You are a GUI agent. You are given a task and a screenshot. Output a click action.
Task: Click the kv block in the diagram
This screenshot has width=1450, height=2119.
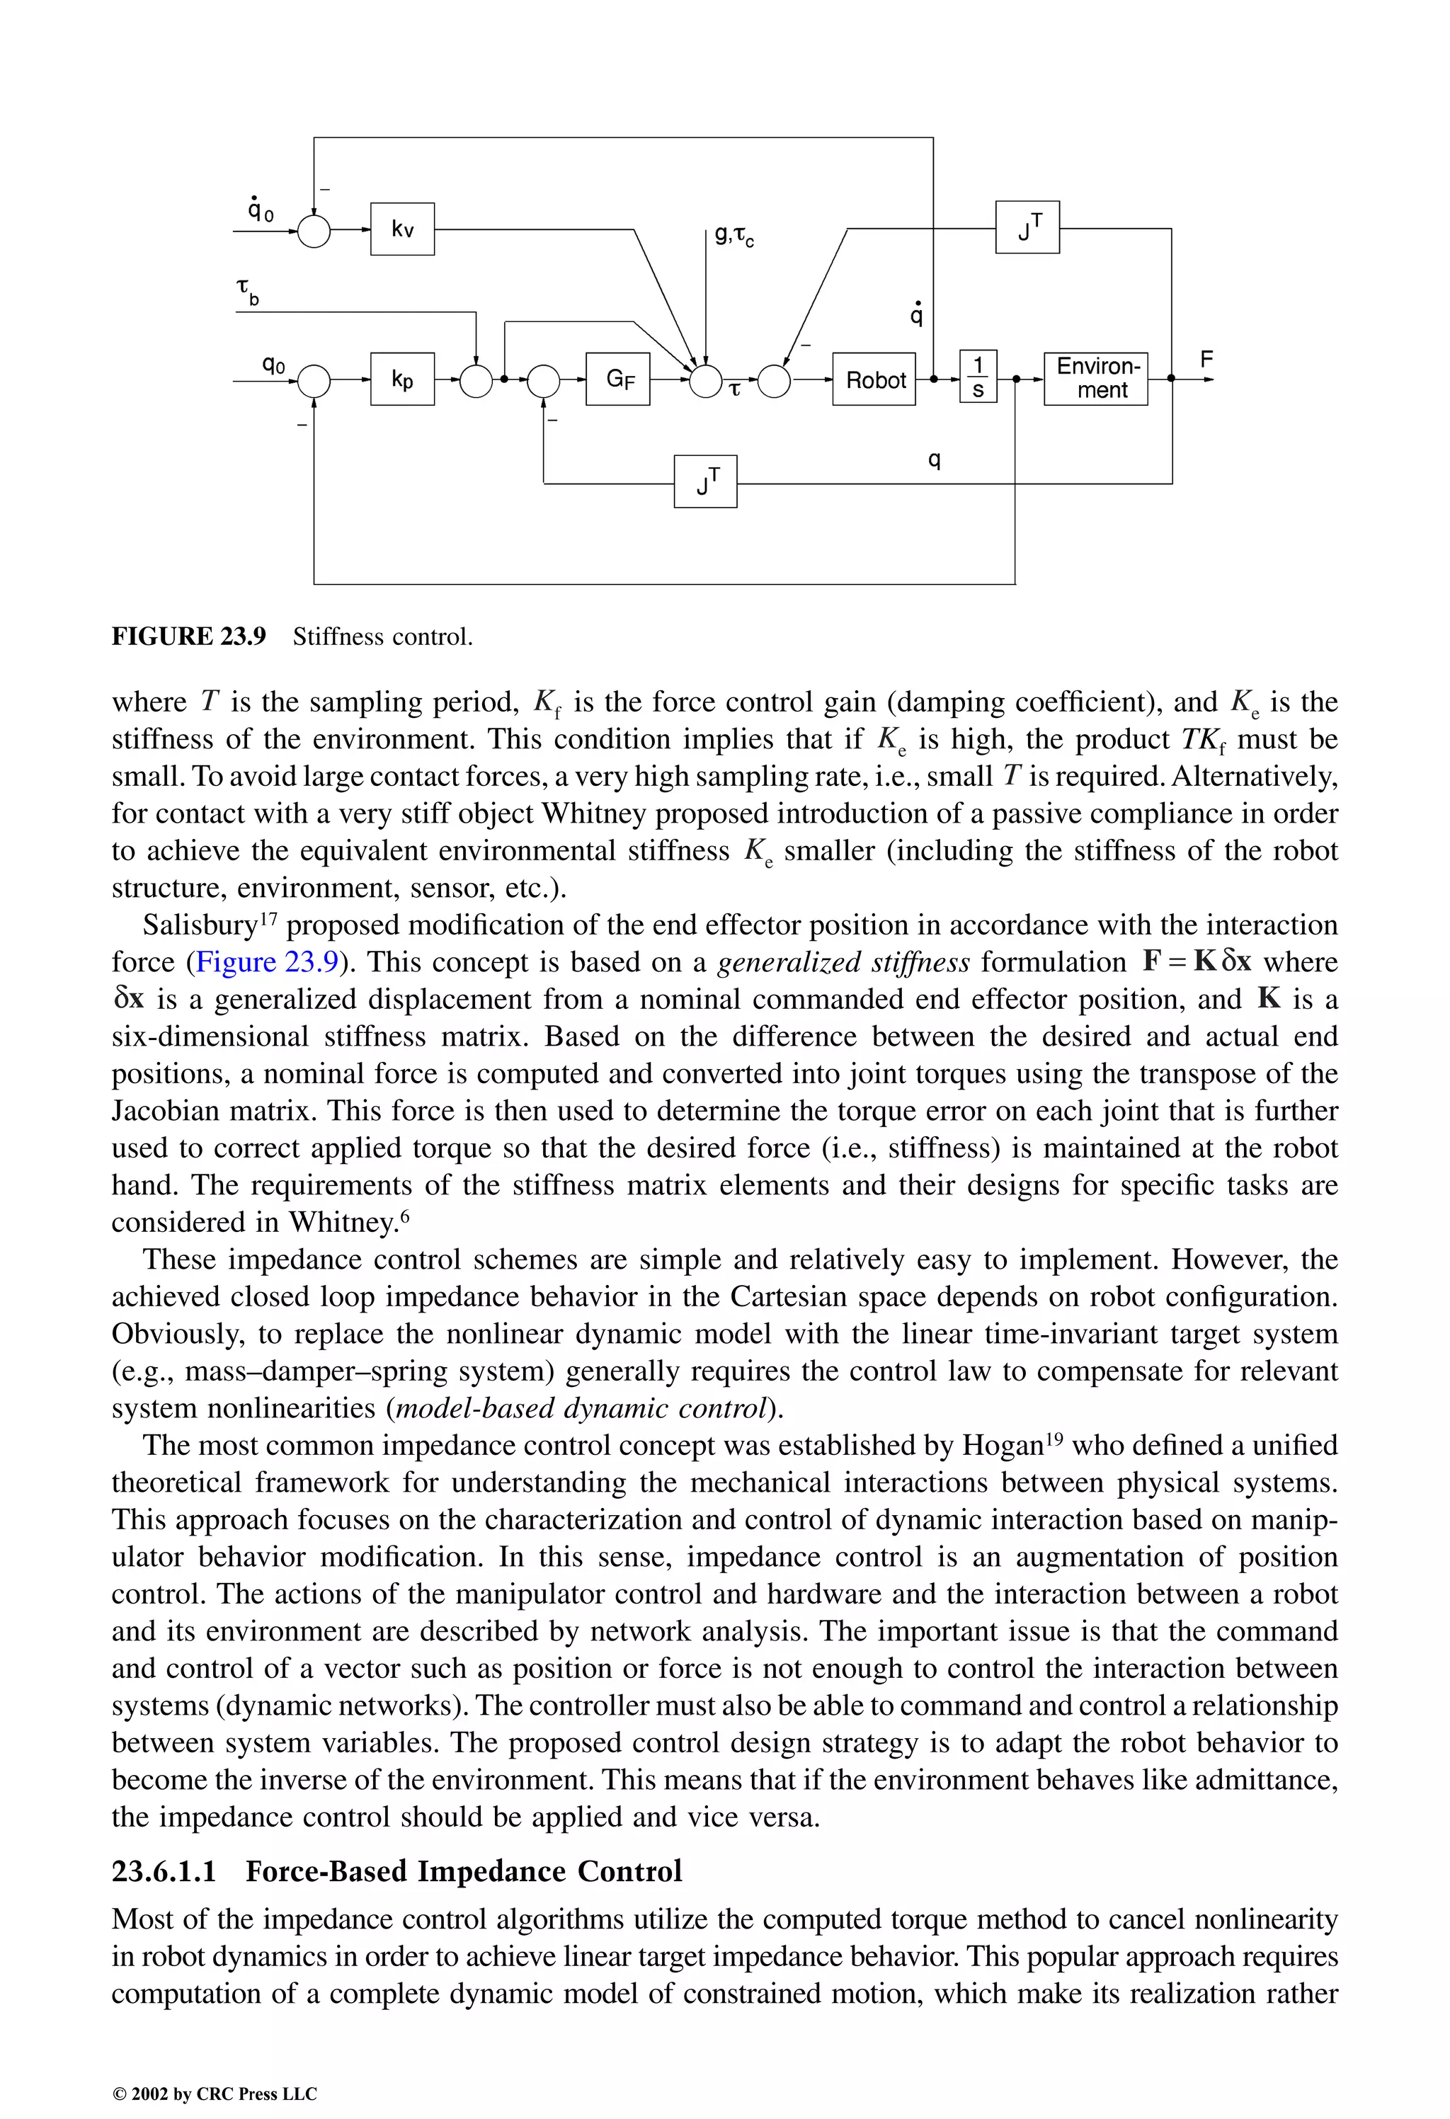point(402,229)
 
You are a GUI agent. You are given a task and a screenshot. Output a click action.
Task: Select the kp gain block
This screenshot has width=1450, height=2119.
point(402,379)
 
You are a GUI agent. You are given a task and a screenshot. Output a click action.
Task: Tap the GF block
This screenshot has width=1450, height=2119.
point(618,379)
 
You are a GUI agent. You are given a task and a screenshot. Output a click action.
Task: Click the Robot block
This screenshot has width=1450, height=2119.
point(874,379)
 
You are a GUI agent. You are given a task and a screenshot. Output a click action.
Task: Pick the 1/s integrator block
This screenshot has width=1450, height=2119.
point(978,377)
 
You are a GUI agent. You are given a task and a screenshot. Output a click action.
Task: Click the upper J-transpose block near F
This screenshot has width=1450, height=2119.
point(1027,227)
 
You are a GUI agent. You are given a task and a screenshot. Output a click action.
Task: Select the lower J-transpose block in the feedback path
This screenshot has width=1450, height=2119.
point(705,481)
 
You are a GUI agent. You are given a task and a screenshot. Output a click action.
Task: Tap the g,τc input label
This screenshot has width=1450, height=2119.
point(734,236)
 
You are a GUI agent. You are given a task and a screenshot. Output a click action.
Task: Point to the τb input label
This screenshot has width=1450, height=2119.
point(247,292)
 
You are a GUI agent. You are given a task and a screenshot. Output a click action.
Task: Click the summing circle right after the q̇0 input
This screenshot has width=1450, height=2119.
point(314,231)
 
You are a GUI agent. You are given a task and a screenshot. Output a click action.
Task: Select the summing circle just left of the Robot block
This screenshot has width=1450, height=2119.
point(775,380)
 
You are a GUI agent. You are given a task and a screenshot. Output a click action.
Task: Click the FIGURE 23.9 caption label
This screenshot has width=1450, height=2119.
point(189,636)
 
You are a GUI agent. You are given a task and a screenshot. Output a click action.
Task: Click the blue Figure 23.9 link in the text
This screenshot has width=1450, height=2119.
point(267,962)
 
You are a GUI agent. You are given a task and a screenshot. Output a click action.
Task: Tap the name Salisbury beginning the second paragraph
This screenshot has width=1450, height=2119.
point(200,925)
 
